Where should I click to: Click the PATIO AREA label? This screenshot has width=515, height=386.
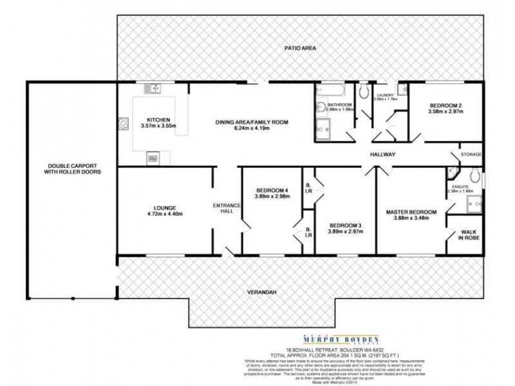[x=300, y=48]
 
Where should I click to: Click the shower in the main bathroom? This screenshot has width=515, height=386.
[x=322, y=131]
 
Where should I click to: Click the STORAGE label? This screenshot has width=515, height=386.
[x=470, y=154]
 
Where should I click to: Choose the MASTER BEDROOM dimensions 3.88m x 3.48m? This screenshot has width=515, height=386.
[x=411, y=219]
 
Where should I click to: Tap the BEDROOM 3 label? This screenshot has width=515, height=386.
[x=345, y=225]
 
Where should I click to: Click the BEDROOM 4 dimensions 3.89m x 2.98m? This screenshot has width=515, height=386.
[x=272, y=197]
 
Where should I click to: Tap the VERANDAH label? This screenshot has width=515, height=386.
[x=261, y=293]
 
